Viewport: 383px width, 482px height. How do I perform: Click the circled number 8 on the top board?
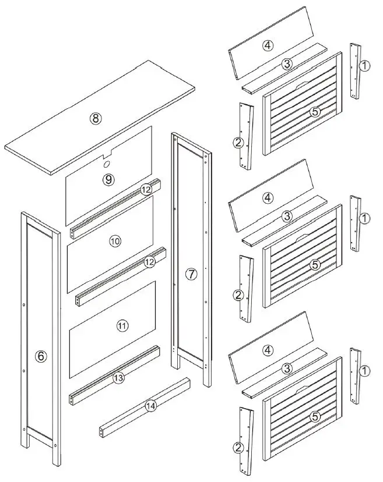tap(96, 118)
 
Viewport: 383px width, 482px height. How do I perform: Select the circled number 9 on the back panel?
tap(108, 179)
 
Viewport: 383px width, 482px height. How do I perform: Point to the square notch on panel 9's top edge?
tap(107, 155)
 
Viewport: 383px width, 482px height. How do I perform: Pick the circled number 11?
tap(121, 326)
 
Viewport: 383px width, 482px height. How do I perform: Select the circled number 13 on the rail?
tap(118, 378)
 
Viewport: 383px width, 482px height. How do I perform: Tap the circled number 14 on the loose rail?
tap(150, 407)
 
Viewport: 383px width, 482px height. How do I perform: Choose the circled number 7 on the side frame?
tap(191, 274)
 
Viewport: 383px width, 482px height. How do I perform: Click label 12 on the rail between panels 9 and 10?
tap(146, 190)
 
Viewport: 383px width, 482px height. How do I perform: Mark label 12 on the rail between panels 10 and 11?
tap(150, 262)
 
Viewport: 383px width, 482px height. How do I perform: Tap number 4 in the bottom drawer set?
tap(268, 350)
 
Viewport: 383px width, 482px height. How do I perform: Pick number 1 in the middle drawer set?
tap(364, 218)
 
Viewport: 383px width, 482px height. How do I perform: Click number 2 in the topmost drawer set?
tap(238, 143)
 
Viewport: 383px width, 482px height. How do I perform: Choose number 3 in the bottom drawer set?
tap(287, 369)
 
